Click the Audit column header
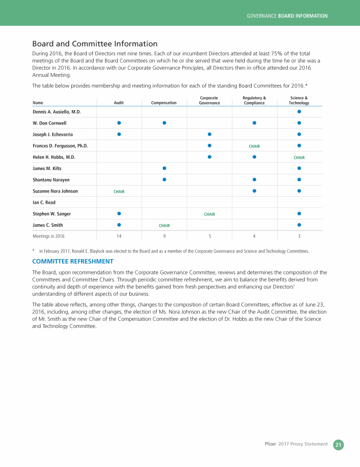(119, 103)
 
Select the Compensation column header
(164, 103)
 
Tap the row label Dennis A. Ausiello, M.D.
(57, 112)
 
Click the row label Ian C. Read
(44, 202)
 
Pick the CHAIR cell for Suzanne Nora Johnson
(119, 192)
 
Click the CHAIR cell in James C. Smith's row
(164, 226)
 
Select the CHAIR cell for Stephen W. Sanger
(210, 214)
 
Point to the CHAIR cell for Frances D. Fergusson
(254, 146)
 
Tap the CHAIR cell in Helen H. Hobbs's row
(299, 158)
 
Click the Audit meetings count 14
(119, 236)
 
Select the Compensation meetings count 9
(164, 236)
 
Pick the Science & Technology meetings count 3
(299, 236)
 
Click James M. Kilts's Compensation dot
(164, 168)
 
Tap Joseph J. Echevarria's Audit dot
(119, 134)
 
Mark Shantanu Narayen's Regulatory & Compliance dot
(254, 179)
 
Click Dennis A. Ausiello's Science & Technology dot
(299, 111)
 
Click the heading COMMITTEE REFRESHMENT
(73, 261)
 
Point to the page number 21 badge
(338, 445)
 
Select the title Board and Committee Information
(95, 44)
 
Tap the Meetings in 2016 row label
(49, 236)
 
